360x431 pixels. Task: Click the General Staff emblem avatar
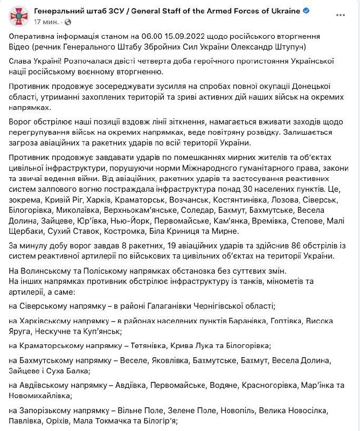click(x=19, y=16)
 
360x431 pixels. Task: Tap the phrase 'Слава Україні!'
click(x=33, y=62)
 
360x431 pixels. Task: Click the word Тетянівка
click(x=150, y=345)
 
